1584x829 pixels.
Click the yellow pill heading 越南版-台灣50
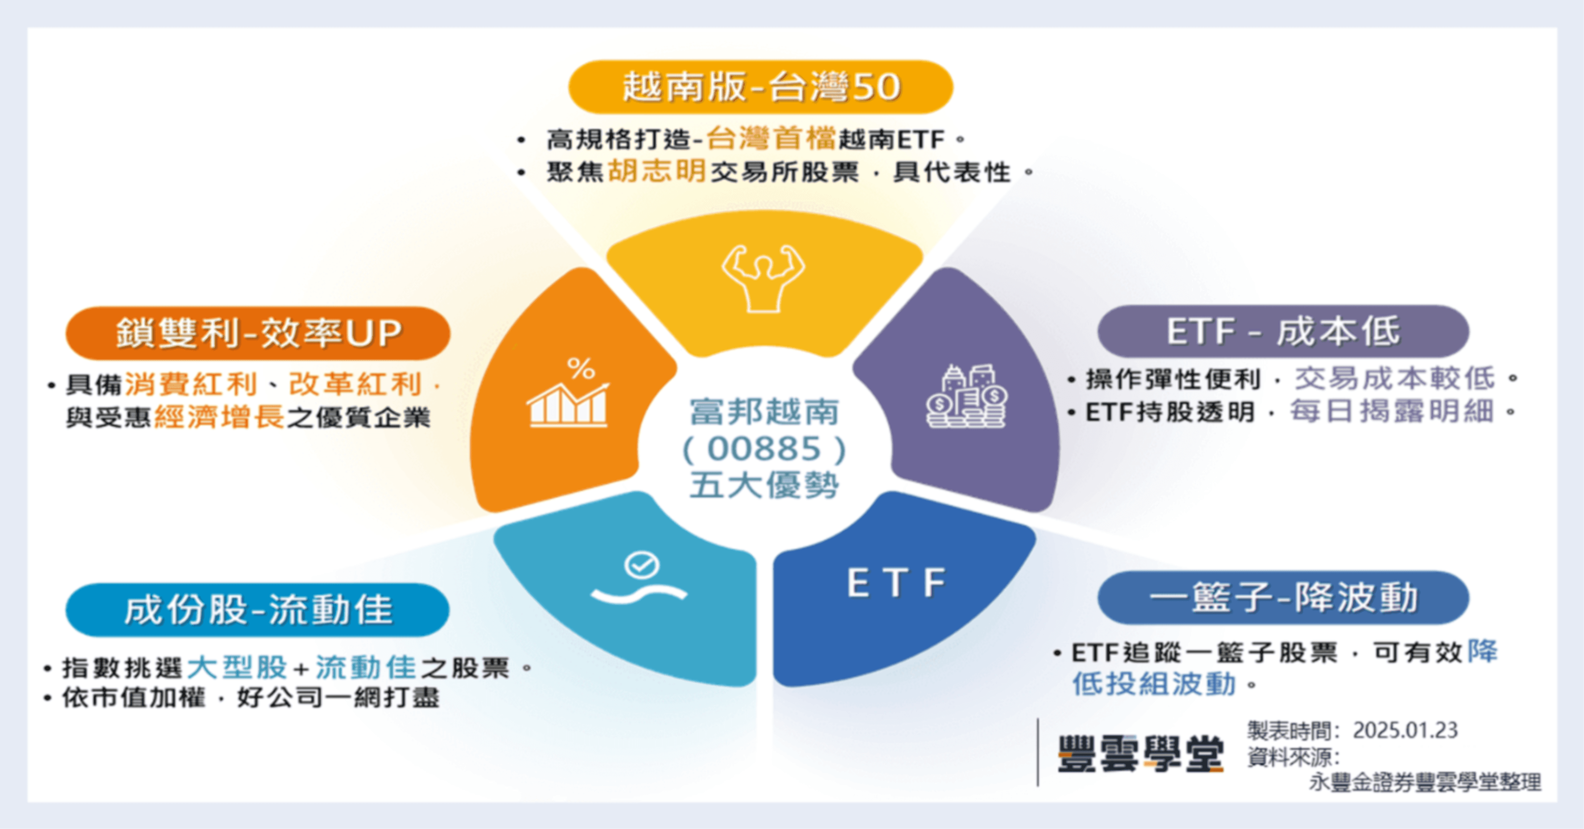761,87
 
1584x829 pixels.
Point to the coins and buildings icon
966,397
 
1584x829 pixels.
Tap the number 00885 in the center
764,449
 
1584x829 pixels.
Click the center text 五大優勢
764,486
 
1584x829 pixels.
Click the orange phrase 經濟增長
220,418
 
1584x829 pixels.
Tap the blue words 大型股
237,668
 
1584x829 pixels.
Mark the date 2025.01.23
1405,731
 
